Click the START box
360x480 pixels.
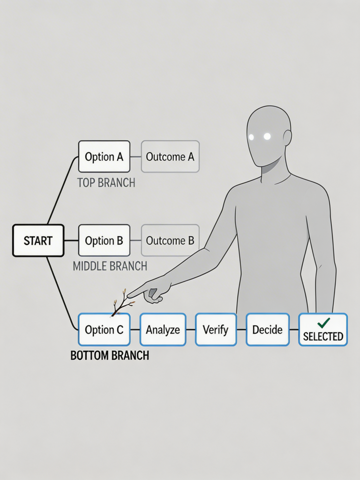[x=38, y=240]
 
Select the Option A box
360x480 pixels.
[x=104, y=157]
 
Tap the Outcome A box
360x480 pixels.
[x=170, y=157]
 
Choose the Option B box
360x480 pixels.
[x=104, y=240]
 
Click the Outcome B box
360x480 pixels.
[x=170, y=240]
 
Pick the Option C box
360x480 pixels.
[x=104, y=330]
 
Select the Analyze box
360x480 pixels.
[x=163, y=330]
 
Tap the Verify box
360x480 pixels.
[x=216, y=330]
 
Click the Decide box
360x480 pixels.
[x=268, y=330]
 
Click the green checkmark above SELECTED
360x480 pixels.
[x=323, y=322]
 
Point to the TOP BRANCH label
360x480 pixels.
[x=106, y=183]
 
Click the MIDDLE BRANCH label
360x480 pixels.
[x=110, y=266]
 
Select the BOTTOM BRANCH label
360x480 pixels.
[x=110, y=355]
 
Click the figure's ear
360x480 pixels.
[x=287, y=137]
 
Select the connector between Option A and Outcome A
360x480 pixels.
[x=135, y=157]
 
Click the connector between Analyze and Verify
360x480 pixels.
[x=191, y=330]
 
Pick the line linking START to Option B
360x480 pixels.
[x=71, y=240]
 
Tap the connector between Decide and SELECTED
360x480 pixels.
[x=294, y=330]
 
